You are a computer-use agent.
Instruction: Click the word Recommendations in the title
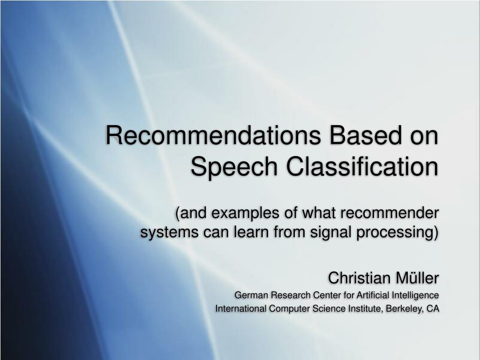click(213, 135)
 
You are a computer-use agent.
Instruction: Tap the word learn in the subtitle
click(252, 232)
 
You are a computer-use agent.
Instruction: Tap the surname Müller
click(417, 277)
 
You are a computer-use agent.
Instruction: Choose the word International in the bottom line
click(241, 308)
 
